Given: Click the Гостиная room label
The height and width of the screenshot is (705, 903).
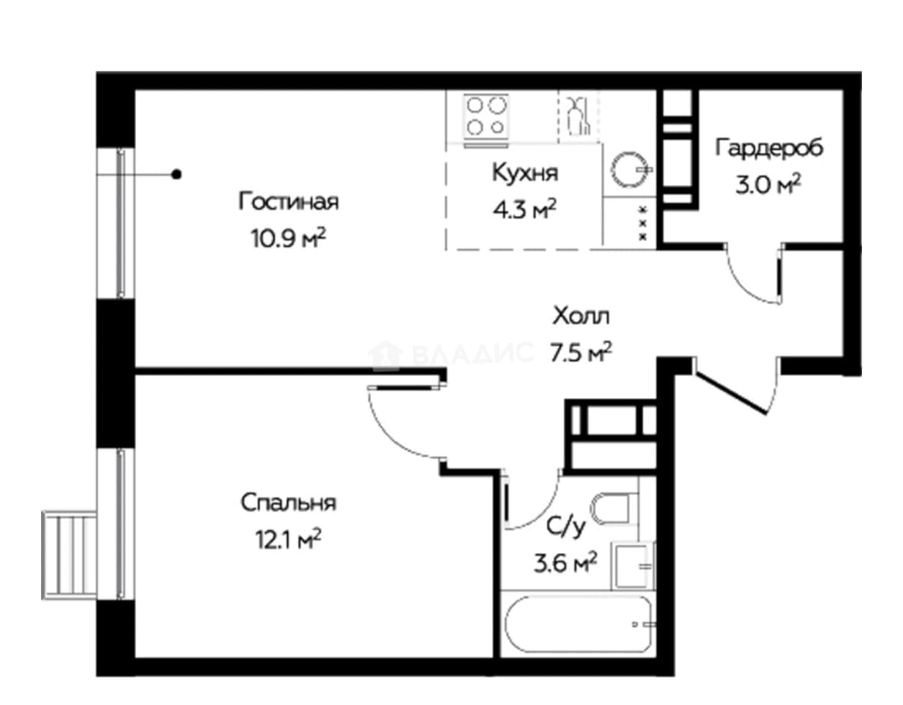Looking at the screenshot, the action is (288, 202).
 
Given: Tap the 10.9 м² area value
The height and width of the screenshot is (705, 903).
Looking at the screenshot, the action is (288, 238).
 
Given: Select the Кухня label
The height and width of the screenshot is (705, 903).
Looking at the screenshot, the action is (525, 173).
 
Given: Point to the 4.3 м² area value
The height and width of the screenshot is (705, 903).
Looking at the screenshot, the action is (524, 209).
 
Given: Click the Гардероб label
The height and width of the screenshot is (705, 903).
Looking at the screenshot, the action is (769, 147).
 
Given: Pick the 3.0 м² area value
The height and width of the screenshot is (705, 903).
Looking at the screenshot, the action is (768, 184).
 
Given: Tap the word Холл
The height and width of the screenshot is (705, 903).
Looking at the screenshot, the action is (581, 315).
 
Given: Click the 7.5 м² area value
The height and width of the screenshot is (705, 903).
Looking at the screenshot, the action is (581, 353).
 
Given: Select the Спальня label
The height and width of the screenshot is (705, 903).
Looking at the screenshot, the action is (288, 502).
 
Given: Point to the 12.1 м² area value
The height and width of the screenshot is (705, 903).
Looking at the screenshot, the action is (288, 539).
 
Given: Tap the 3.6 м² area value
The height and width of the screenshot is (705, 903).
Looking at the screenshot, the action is (565, 563).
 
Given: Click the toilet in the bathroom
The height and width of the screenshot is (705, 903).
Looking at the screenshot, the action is (614, 508).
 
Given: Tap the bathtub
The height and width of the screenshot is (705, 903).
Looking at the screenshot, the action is (578, 624).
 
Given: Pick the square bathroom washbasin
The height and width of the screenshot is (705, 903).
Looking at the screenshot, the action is (633, 565).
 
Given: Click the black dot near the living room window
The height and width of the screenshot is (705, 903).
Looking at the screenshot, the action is (176, 174).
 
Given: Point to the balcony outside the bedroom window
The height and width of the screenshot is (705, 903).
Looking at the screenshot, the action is (69, 555).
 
